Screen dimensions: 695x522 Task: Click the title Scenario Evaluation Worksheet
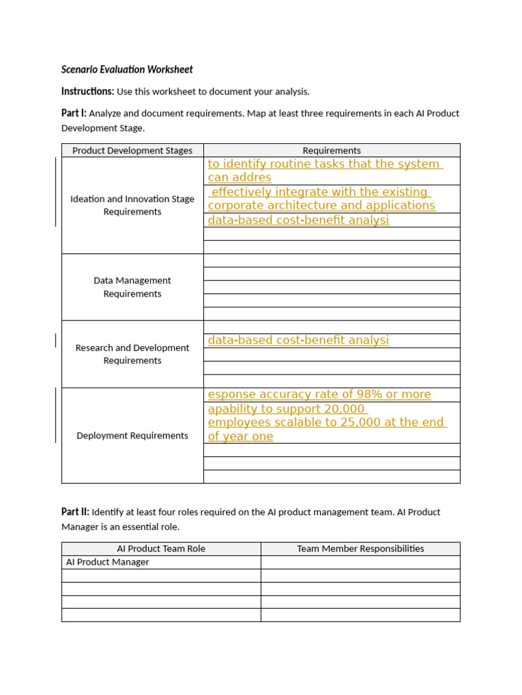(127, 69)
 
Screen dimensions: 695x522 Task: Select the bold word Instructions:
(88, 91)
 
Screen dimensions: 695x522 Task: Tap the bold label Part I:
(74, 113)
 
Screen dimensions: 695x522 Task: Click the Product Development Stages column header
(133, 151)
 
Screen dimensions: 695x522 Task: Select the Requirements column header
(332, 151)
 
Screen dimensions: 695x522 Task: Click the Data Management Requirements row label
(133, 287)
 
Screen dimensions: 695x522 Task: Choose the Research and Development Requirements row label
(133, 354)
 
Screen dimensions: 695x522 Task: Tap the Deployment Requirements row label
(133, 436)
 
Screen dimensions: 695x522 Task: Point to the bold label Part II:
(75, 512)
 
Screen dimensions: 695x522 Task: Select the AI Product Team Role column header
(161, 548)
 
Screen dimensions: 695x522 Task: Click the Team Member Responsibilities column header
(360, 548)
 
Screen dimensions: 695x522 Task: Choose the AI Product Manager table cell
(107, 562)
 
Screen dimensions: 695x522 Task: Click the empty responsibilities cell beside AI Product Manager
(360, 562)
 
